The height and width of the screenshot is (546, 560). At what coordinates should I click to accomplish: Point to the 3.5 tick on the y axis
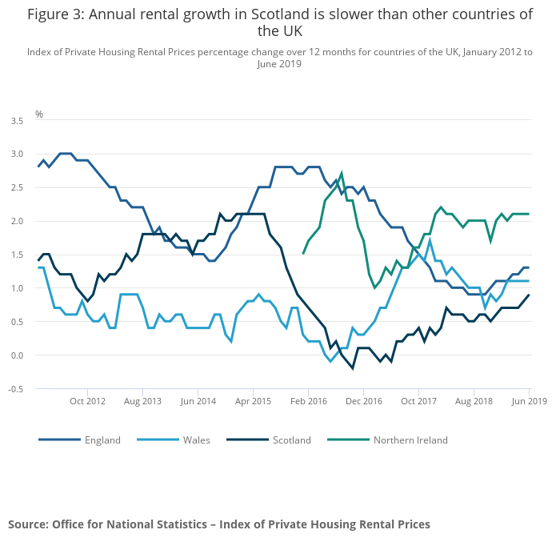click(x=17, y=120)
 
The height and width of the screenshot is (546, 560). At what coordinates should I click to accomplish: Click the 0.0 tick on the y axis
click(x=17, y=355)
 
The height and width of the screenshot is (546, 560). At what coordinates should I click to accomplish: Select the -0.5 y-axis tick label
click(x=16, y=389)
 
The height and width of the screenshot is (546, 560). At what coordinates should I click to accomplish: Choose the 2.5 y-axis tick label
click(x=17, y=187)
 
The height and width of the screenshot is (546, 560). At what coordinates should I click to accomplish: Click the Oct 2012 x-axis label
click(x=87, y=400)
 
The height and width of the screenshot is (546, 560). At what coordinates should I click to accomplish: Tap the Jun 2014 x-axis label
click(x=198, y=400)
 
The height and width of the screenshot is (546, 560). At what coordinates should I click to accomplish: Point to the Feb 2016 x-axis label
click(x=308, y=400)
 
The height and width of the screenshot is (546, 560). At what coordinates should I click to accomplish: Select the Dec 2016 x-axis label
click(x=363, y=400)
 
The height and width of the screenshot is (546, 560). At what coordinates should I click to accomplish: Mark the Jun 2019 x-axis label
click(x=530, y=400)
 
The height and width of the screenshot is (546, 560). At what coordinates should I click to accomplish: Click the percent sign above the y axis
click(x=38, y=114)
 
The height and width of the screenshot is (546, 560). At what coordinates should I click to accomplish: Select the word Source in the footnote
click(x=28, y=524)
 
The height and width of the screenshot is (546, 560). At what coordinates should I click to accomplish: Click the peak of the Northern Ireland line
click(x=342, y=173)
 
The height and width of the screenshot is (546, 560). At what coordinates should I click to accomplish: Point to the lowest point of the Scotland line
click(x=353, y=368)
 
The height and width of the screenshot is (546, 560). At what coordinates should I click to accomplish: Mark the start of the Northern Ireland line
click(x=303, y=254)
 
